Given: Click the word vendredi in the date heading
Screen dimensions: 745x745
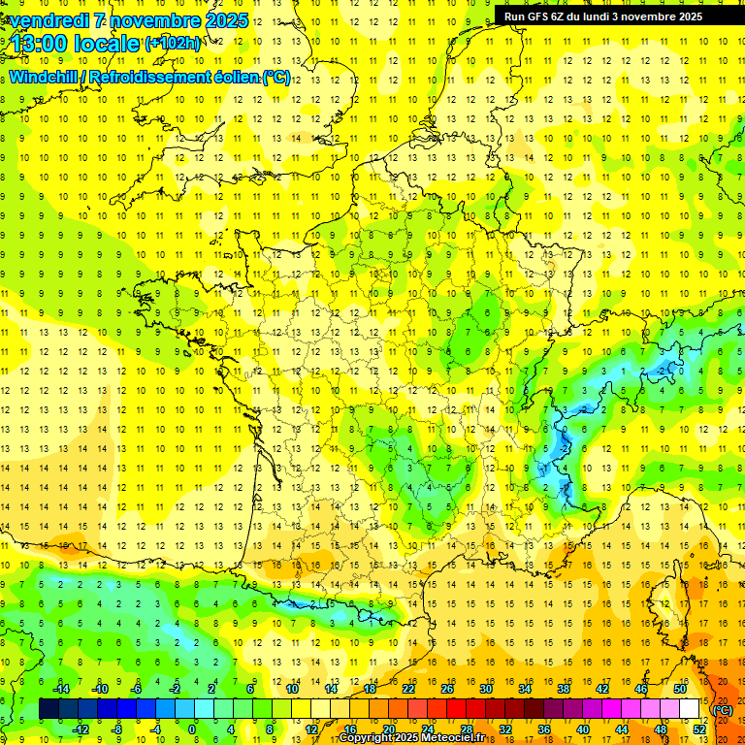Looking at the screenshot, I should (x=50, y=20).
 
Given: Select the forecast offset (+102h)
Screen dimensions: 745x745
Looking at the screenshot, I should (x=172, y=44).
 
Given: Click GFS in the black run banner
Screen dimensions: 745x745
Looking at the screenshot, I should (x=534, y=16).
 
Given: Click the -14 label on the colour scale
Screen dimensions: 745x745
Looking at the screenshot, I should (x=61, y=689).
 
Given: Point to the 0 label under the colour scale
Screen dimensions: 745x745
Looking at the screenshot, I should (x=192, y=729).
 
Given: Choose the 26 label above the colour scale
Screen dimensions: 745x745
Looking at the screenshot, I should (x=447, y=689).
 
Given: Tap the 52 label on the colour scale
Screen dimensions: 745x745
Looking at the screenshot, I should (x=699, y=729).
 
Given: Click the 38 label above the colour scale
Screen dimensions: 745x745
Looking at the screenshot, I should (x=563, y=689).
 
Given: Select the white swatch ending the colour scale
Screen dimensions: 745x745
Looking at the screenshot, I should (x=690, y=709).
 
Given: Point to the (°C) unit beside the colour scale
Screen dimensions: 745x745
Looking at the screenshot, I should (x=722, y=709).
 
